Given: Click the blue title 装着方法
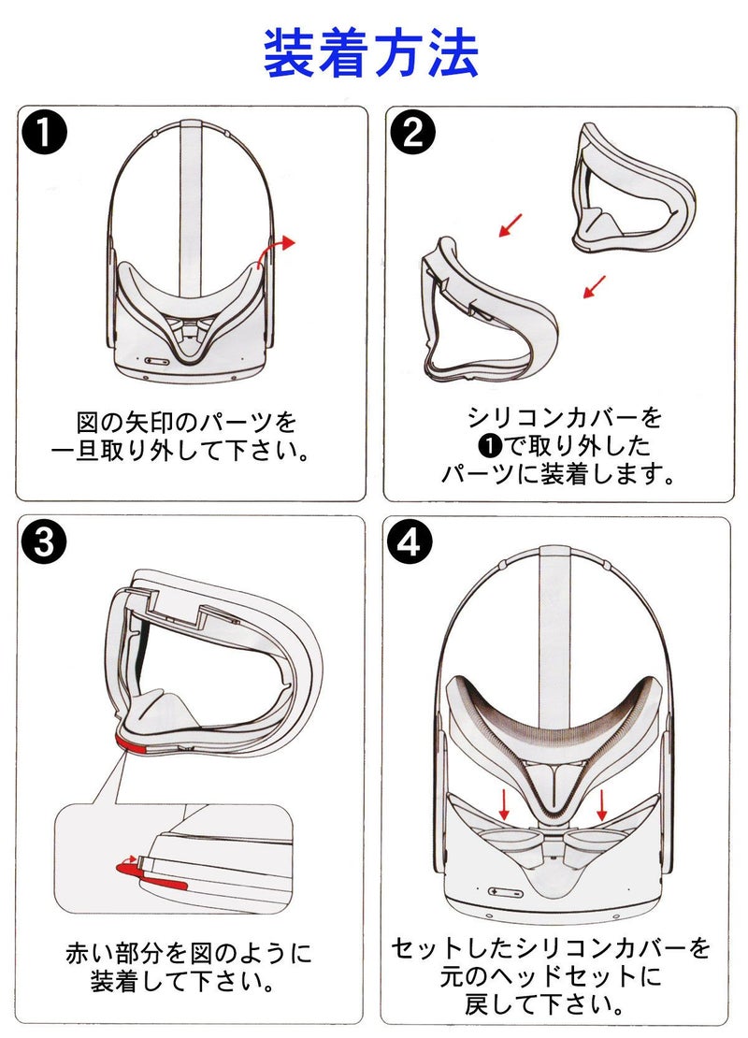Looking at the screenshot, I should (371, 53).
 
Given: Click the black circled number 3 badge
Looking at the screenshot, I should (45, 543).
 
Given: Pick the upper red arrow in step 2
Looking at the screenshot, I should (511, 224).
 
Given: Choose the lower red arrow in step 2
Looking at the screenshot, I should (595, 285).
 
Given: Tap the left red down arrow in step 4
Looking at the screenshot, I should (504, 803).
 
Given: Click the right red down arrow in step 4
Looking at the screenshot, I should (603, 803).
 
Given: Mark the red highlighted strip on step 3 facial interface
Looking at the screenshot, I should (128, 743).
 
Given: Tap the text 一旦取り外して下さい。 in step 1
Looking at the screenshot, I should (180, 451).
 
